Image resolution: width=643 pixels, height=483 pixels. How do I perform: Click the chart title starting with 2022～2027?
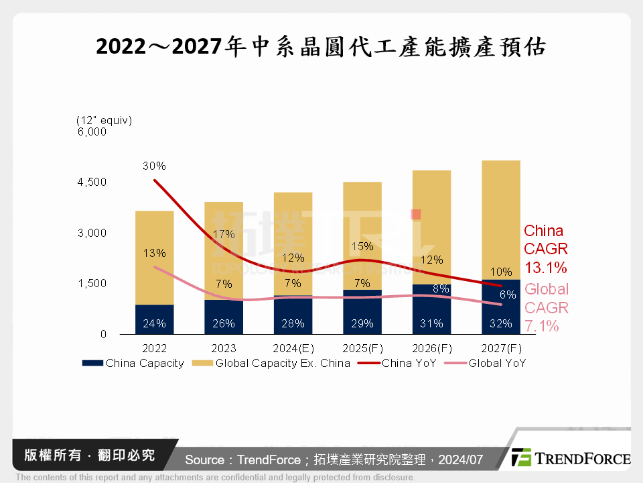click(x=321, y=47)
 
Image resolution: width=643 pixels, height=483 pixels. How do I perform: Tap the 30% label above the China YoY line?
click(x=154, y=166)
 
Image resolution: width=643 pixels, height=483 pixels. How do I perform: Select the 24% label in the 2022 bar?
click(x=154, y=323)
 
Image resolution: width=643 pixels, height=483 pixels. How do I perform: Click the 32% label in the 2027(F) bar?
click(x=500, y=323)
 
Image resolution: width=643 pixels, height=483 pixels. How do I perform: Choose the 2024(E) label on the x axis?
click(x=293, y=349)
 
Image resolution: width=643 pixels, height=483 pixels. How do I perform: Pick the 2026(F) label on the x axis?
click(x=431, y=349)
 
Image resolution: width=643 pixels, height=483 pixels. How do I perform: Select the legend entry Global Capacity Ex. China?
click(x=271, y=364)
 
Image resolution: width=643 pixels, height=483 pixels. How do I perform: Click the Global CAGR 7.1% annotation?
click(x=546, y=308)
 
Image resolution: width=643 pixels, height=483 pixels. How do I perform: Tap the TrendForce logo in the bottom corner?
click(x=570, y=458)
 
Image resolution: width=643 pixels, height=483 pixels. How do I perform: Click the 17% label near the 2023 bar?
click(x=223, y=234)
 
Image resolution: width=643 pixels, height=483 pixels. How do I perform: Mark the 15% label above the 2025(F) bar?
click(x=362, y=246)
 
